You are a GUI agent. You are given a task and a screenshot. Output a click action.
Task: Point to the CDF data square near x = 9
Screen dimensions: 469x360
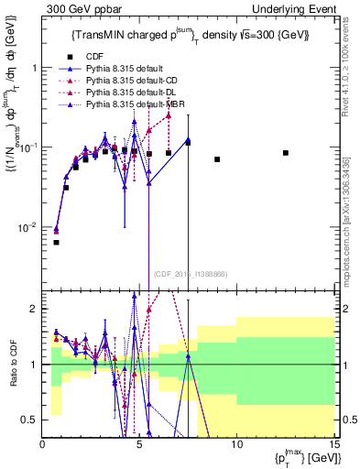point(217,159)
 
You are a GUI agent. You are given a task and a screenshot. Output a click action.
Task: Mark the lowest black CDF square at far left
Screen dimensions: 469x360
point(56,243)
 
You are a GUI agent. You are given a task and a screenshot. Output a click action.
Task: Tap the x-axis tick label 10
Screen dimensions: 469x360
point(236,443)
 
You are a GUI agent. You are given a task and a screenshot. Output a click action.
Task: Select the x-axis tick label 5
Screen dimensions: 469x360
point(139,443)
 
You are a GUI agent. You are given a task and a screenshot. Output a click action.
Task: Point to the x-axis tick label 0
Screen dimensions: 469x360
point(43,443)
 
